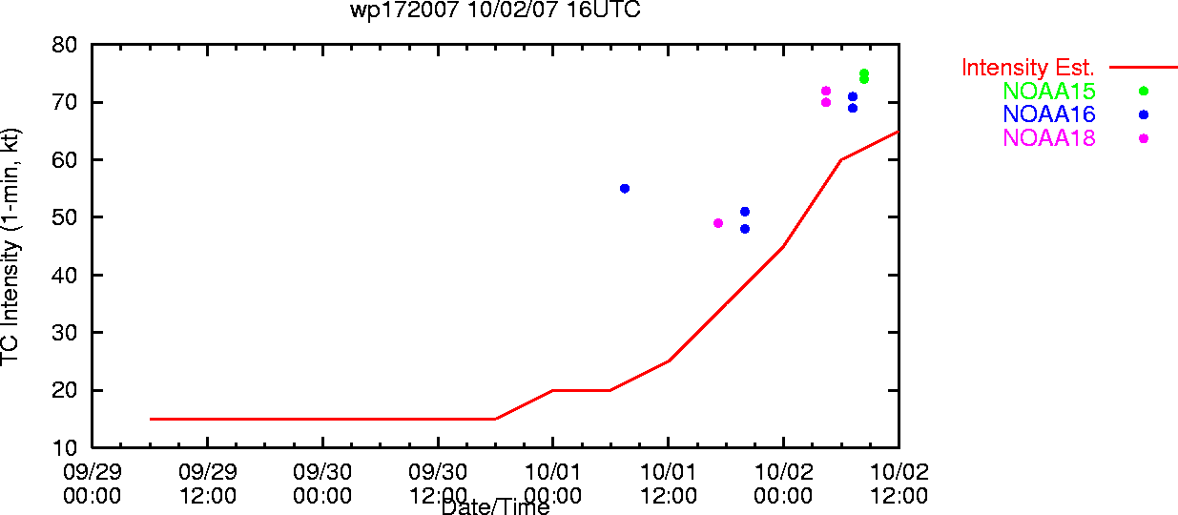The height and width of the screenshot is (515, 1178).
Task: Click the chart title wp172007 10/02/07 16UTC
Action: pyautogui.click(x=495, y=10)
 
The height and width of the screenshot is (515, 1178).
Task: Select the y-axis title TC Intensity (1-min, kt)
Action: pyautogui.click(x=10, y=247)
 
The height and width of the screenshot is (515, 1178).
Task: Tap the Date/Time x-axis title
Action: pyautogui.click(x=495, y=506)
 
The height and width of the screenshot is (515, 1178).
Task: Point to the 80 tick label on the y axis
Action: pyautogui.click(x=64, y=45)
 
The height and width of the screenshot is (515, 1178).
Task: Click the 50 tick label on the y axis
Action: pyautogui.click(x=64, y=217)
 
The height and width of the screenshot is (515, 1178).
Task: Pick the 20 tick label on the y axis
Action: pyautogui.click(x=64, y=390)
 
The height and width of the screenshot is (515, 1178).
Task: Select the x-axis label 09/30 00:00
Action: pyautogui.click(x=322, y=484)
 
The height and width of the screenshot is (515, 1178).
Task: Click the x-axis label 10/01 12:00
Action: pyautogui.click(x=668, y=484)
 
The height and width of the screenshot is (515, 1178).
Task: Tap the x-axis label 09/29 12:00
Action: pyautogui.click(x=208, y=484)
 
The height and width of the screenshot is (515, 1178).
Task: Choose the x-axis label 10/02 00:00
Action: pyautogui.click(x=783, y=484)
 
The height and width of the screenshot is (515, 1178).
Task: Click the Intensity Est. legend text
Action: pyautogui.click(x=1027, y=68)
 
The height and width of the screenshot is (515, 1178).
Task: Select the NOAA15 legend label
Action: pyautogui.click(x=1049, y=91)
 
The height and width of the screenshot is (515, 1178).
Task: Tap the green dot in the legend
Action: pyautogui.click(x=1144, y=91)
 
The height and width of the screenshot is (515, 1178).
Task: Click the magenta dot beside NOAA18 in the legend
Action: pyautogui.click(x=1144, y=138)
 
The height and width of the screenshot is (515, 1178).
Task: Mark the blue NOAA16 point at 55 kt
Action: pyautogui.click(x=625, y=188)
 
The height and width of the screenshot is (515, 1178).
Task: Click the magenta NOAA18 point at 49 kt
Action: pyautogui.click(x=718, y=223)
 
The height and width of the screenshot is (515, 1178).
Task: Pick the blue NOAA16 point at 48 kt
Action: pyautogui.click(x=745, y=229)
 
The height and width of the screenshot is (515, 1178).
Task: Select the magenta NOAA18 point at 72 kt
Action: pyautogui.click(x=826, y=91)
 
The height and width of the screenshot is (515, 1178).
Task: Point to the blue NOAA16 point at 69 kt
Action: pyautogui.click(x=853, y=108)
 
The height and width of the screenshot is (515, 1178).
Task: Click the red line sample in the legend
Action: pyautogui.click(x=1144, y=68)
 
